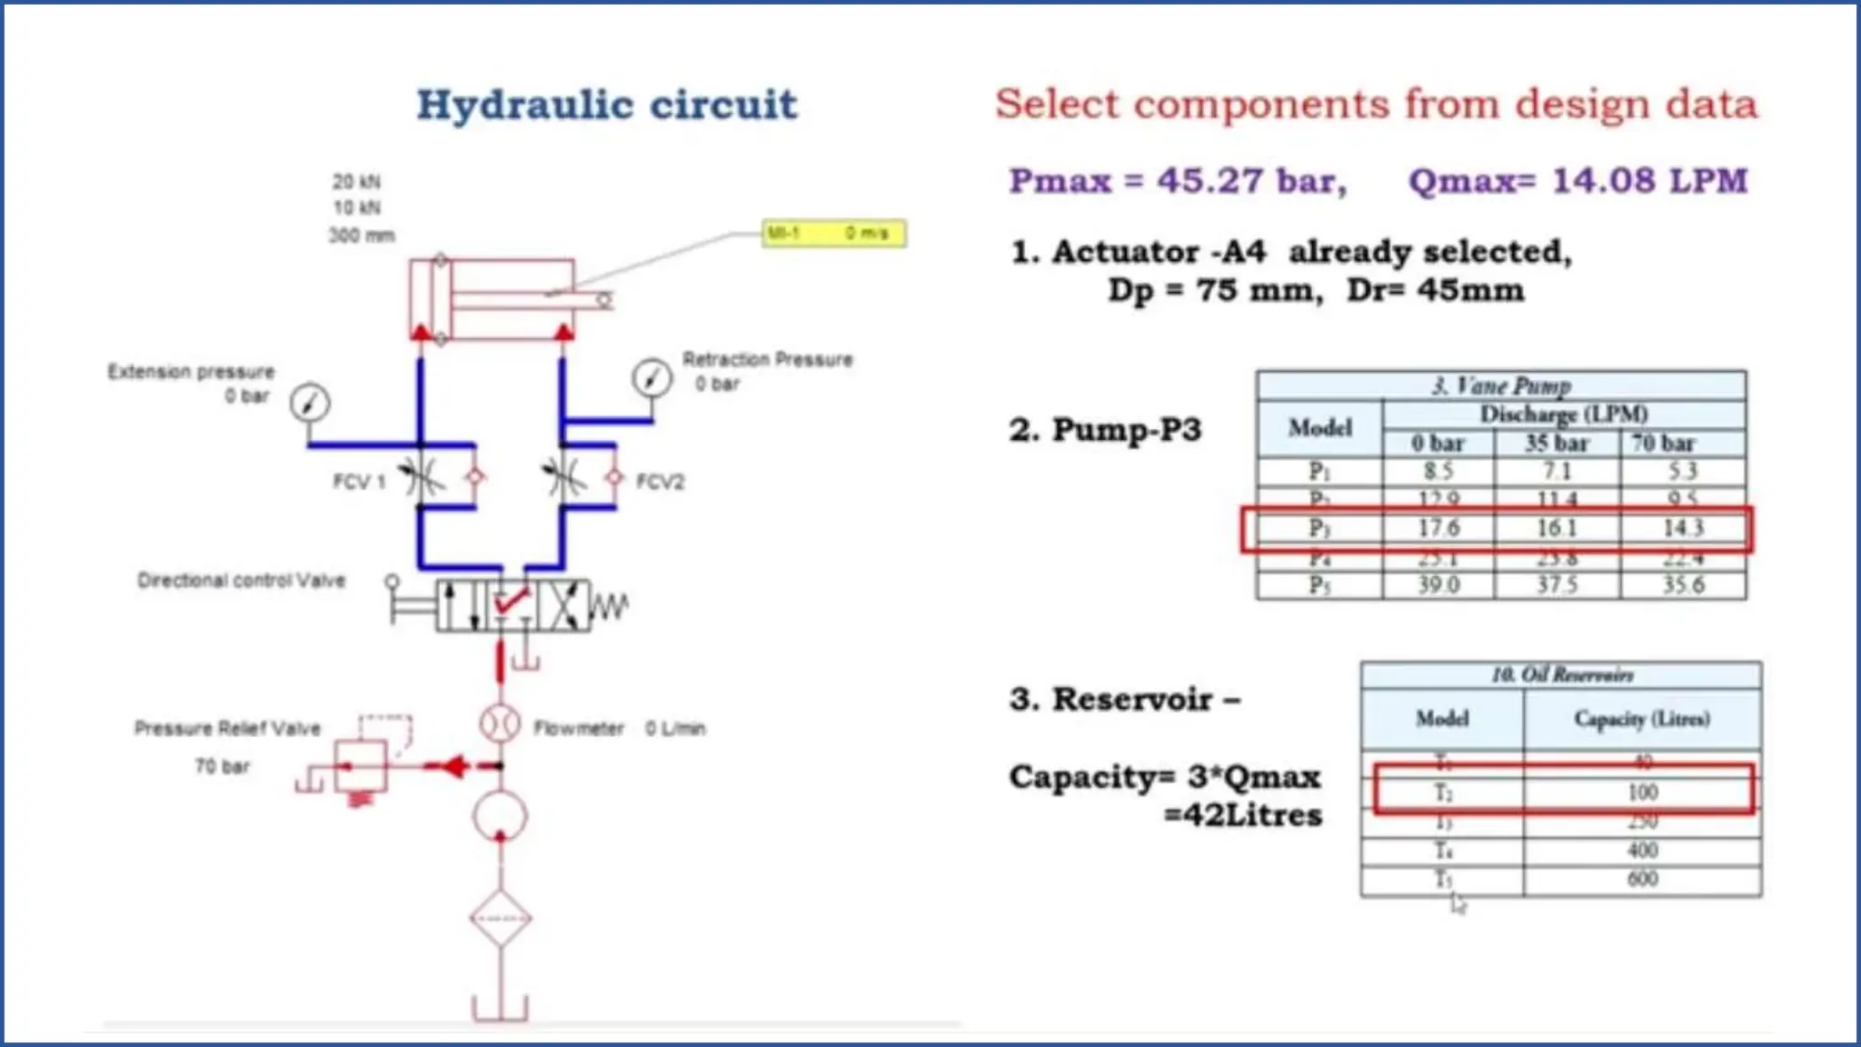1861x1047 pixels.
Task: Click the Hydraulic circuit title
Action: [x=607, y=105]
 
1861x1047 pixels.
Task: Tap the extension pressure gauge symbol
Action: [x=310, y=403]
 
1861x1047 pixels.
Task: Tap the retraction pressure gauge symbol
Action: [x=652, y=377]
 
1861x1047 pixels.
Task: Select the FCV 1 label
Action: [x=359, y=482]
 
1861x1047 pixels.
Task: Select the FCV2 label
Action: [x=660, y=482]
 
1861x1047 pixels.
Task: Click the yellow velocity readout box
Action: [x=833, y=234]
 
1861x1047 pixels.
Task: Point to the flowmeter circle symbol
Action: [x=500, y=724]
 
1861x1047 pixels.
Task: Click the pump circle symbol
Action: [x=500, y=815]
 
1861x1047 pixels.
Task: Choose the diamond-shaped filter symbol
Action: [x=501, y=918]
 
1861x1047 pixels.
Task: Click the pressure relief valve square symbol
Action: [x=361, y=766]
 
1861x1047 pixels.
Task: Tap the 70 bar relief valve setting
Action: [x=222, y=766]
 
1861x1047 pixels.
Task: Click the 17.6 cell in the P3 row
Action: [x=1438, y=528]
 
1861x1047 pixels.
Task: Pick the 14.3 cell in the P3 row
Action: [x=1683, y=528]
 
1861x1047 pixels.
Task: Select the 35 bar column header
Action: [x=1557, y=444]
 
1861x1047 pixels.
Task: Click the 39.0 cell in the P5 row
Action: [x=1438, y=585]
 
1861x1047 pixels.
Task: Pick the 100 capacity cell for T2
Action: [x=1642, y=793]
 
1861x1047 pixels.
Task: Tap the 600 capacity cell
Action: [x=1642, y=879]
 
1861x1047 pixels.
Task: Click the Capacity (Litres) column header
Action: [x=1641, y=719]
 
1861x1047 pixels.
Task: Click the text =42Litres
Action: [x=1243, y=815]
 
